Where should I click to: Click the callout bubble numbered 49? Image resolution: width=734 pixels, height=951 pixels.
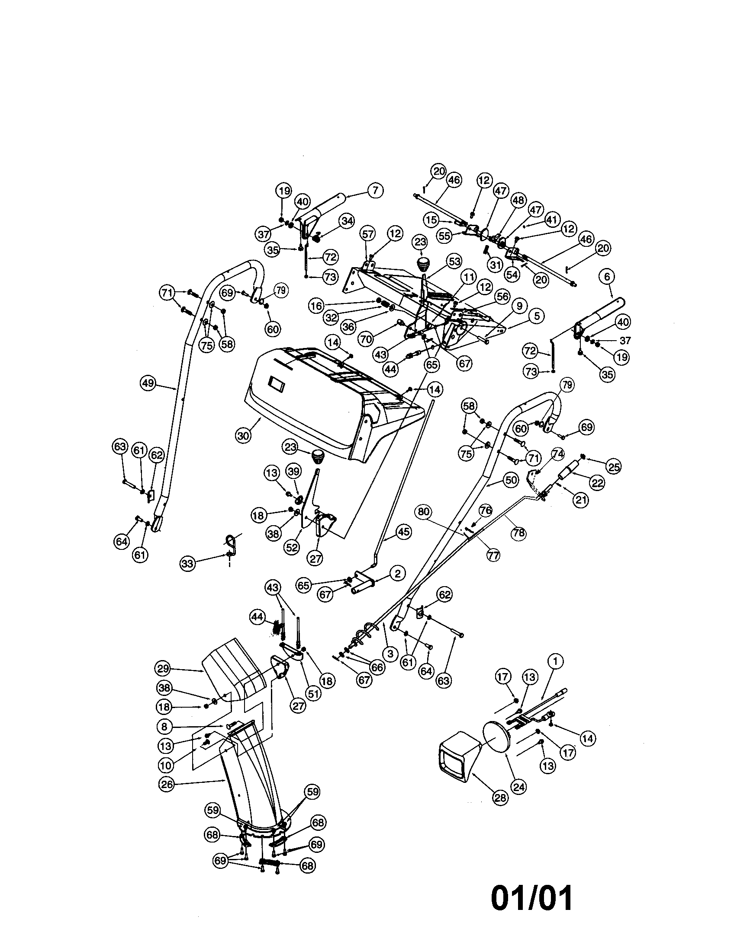click(x=148, y=383)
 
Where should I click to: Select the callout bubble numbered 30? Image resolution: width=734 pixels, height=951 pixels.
click(x=244, y=435)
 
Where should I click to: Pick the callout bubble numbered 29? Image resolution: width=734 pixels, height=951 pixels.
click(x=164, y=668)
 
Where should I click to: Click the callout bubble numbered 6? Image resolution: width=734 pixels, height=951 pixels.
click(x=607, y=276)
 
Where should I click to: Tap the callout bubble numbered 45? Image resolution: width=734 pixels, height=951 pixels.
click(x=404, y=532)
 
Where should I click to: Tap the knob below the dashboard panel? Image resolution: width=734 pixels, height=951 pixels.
click(x=318, y=457)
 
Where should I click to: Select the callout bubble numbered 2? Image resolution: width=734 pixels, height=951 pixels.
click(x=397, y=574)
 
